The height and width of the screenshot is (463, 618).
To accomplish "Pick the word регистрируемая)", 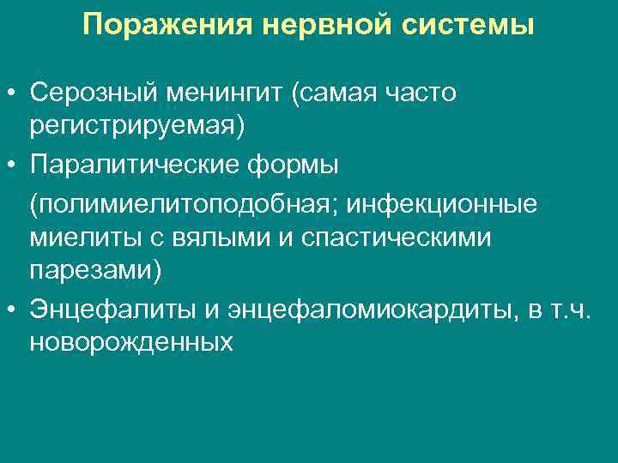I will click(137, 126).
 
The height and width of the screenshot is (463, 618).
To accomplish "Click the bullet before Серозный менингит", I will click(12, 93).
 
